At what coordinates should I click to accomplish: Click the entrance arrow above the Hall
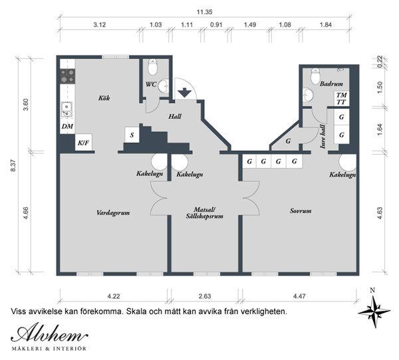click(184, 92)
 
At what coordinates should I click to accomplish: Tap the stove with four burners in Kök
click(68, 76)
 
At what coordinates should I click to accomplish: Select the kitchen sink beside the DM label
click(67, 110)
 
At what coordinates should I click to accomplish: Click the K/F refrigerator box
click(84, 142)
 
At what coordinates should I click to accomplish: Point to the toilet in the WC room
click(153, 67)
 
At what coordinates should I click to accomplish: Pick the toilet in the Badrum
click(315, 76)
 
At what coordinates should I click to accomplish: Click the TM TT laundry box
click(341, 99)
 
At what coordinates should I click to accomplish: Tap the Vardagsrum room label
click(113, 213)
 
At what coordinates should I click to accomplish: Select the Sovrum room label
click(301, 211)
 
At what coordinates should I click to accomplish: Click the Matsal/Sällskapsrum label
click(205, 213)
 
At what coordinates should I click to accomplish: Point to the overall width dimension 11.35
click(204, 12)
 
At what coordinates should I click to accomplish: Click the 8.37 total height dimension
click(13, 165)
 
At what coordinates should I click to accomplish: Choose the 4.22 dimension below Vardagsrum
click(114, 296)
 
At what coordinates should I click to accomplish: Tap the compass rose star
click(374, 312)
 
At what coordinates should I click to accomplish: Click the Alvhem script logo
click(50, 333)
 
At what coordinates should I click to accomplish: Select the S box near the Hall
click(132, 135)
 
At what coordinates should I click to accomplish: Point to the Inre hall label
click(323, 137)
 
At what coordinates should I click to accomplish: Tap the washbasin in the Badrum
click(308, 95)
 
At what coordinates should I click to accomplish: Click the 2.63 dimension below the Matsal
click(205, 296)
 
